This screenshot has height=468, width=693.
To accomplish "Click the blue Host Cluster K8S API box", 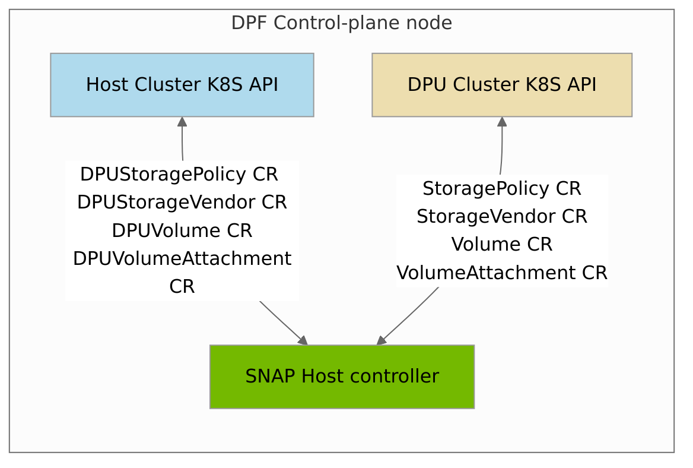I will point(182,85).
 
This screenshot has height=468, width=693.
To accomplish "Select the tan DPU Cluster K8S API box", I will point(501,85).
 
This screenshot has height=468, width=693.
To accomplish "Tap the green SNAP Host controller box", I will point(342,377).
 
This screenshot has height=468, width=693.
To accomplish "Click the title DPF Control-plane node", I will point(341,23).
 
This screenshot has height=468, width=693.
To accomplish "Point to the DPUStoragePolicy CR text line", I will point(179,174).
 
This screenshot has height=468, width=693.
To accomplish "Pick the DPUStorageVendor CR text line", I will point(182,202).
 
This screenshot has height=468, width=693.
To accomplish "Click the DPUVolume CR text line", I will point(182,230).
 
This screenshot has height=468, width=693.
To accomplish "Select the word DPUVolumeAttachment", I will point(182,258).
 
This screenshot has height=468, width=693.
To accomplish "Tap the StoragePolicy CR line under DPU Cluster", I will point(501,188).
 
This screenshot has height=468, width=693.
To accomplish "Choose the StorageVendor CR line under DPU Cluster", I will point(501,216).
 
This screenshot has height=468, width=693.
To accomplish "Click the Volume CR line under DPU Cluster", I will point(501,244).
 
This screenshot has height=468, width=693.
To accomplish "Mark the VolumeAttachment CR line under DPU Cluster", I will point(501,273).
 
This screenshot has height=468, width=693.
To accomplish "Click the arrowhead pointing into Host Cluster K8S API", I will point(182,121).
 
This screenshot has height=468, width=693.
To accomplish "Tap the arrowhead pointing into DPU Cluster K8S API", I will point(502,121).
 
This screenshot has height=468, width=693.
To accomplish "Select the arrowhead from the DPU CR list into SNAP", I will point(303,340).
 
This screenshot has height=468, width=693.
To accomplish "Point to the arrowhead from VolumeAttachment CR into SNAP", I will point(381,340).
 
